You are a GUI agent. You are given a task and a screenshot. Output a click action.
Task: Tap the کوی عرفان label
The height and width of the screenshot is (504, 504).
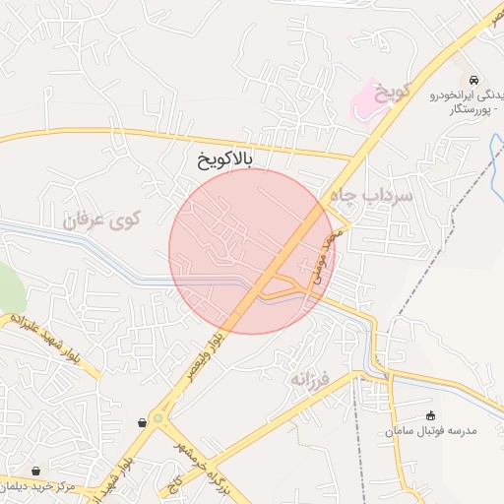pyautogui.click(x=102, y=220)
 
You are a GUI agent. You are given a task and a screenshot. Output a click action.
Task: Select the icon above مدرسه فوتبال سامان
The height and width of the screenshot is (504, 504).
pyautogui.click(x=430, y=415)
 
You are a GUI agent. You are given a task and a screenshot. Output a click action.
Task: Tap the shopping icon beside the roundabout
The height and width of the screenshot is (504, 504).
pyautogui.click(x=143, y=422)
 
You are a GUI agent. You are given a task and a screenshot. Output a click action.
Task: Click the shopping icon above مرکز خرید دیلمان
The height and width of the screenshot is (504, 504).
pyautogui.click(x=36, y=472)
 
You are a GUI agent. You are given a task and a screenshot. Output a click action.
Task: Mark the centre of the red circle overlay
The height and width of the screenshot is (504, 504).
pyautogui.click(x=252, y=252)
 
